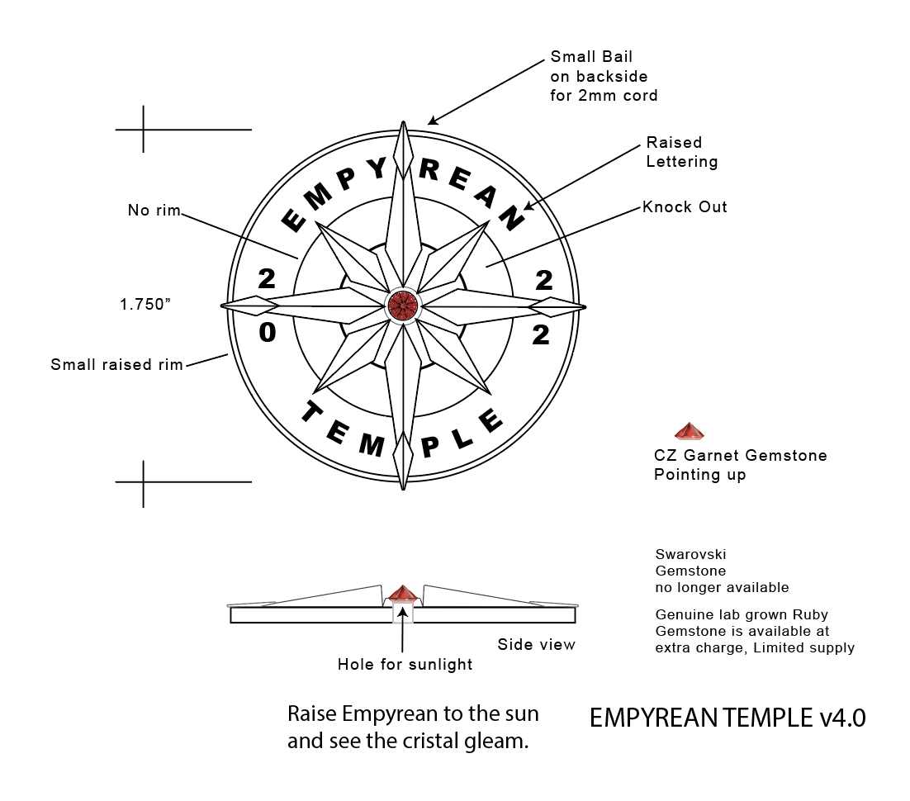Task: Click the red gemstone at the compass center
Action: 403,306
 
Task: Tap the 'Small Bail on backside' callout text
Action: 604,77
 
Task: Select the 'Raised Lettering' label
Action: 681,152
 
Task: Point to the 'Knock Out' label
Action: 685,207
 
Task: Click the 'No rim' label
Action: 154,211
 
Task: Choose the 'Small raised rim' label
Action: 116,364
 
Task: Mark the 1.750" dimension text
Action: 145,304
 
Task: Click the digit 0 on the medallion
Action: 267,334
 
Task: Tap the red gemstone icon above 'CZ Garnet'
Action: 689,431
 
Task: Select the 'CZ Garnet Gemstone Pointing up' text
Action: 740,465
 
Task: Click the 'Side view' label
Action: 536,644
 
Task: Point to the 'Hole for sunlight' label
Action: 405,665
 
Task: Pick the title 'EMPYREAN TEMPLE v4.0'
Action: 728,718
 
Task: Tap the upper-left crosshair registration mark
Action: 145,130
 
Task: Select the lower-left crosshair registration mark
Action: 145,481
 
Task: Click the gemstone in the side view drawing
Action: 402,594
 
